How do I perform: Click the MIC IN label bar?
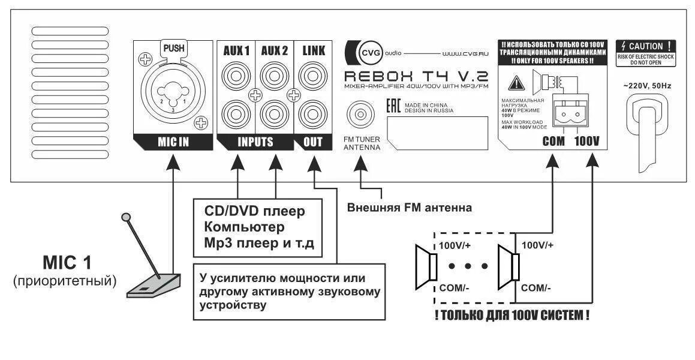[173, 142]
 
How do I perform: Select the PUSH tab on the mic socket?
[173, 47]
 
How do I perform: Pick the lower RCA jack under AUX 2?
[274, 113]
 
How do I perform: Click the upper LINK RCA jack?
[313, 76]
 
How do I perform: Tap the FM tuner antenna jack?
[360, 113]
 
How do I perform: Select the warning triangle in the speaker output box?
[514, 84]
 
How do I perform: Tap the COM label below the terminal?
[553, 142]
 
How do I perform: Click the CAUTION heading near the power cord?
[646, 46]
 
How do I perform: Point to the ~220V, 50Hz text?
[646, 86]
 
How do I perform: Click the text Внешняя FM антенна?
[410, 208]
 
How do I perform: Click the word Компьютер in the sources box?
[244, 227]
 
